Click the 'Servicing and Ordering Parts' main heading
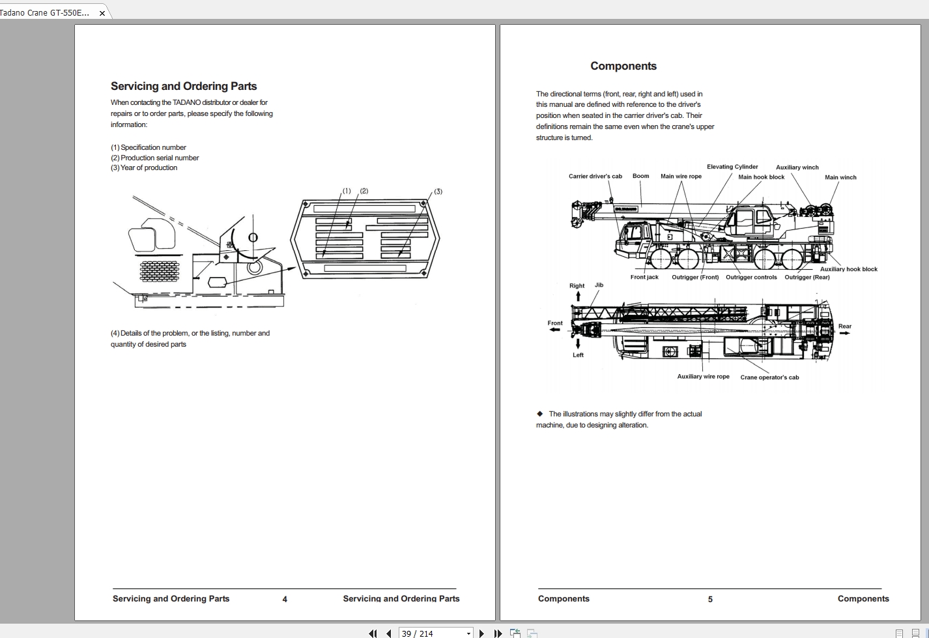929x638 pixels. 184,86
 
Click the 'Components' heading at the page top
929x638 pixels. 623,66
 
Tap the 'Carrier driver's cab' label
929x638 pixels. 595,176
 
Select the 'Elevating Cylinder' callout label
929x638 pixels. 732,167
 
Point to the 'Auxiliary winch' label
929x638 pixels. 797,167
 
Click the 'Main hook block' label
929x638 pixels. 761,177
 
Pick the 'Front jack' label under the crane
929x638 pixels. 644,277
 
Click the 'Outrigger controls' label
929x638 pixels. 751,277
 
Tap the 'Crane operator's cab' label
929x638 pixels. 769,377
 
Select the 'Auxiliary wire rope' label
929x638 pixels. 703,377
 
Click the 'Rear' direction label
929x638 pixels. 844,326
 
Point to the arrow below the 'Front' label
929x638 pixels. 554,330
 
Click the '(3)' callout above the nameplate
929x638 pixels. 438,192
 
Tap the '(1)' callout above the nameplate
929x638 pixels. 347,191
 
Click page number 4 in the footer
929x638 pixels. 285,599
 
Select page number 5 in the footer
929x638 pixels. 710,599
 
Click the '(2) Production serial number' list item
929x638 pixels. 155,158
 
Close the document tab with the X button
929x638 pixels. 102,13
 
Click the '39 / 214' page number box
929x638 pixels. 430,633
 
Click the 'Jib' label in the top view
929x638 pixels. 599,285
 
